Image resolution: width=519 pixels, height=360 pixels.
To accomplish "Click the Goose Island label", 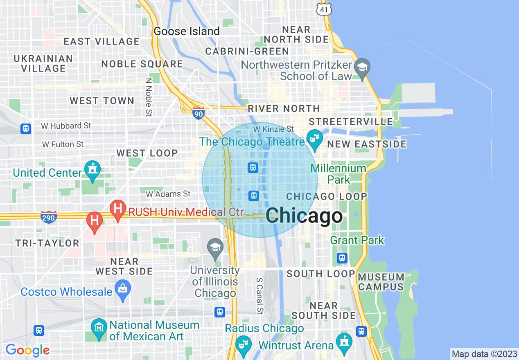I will coord(187,32).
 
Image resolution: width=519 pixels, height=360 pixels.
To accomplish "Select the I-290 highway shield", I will coord(48,218).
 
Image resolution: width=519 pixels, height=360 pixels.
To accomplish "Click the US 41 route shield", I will coord(323,9).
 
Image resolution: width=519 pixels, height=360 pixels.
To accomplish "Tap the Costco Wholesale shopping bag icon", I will coord(122,289).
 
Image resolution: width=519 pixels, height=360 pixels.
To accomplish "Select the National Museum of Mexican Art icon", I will coord(99,328).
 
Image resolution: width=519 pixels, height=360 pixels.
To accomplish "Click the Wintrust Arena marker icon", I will coord(343,342).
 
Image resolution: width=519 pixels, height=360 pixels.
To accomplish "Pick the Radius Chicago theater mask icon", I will coord(244,344).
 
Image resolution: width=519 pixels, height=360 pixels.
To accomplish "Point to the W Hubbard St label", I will coord(66,126).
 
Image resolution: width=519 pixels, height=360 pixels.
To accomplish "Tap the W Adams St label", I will coord(168,193).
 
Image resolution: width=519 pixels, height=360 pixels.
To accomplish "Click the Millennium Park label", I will coord(338,173).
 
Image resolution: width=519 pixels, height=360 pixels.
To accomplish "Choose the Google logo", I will coord(27,350).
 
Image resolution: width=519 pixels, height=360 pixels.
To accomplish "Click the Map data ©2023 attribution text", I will coord(484,354).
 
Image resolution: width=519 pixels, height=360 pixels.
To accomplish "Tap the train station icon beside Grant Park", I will coord(342,258).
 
